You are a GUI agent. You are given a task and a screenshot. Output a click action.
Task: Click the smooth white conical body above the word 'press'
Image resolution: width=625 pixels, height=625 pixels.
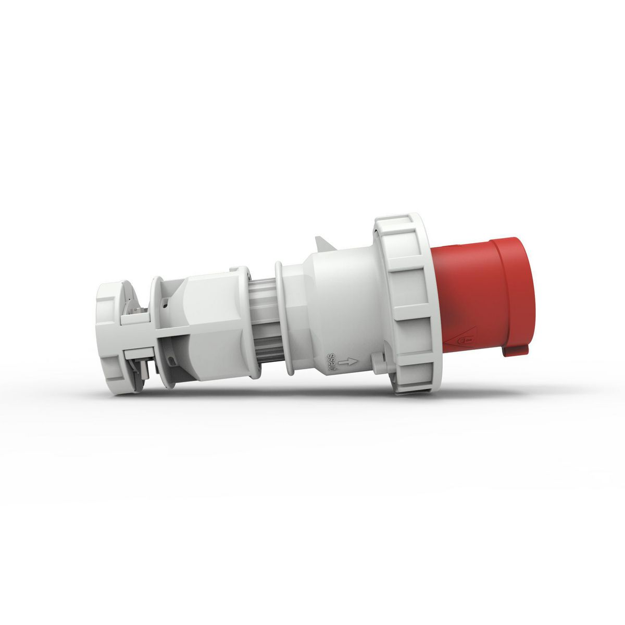coord(339,302)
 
